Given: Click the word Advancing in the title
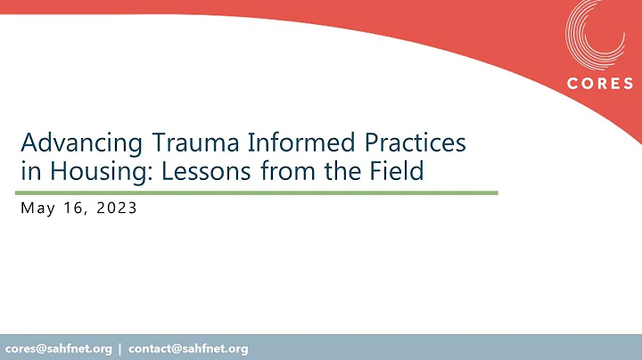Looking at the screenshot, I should (x=69, y=143).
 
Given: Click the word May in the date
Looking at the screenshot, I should (x=36, y=210).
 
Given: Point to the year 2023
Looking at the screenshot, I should (x=117, y=210).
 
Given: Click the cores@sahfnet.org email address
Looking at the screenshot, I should (x=59, y=348).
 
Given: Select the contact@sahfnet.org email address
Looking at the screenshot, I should (x=188, y=348).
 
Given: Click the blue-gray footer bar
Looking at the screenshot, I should (x=446, y=348).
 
